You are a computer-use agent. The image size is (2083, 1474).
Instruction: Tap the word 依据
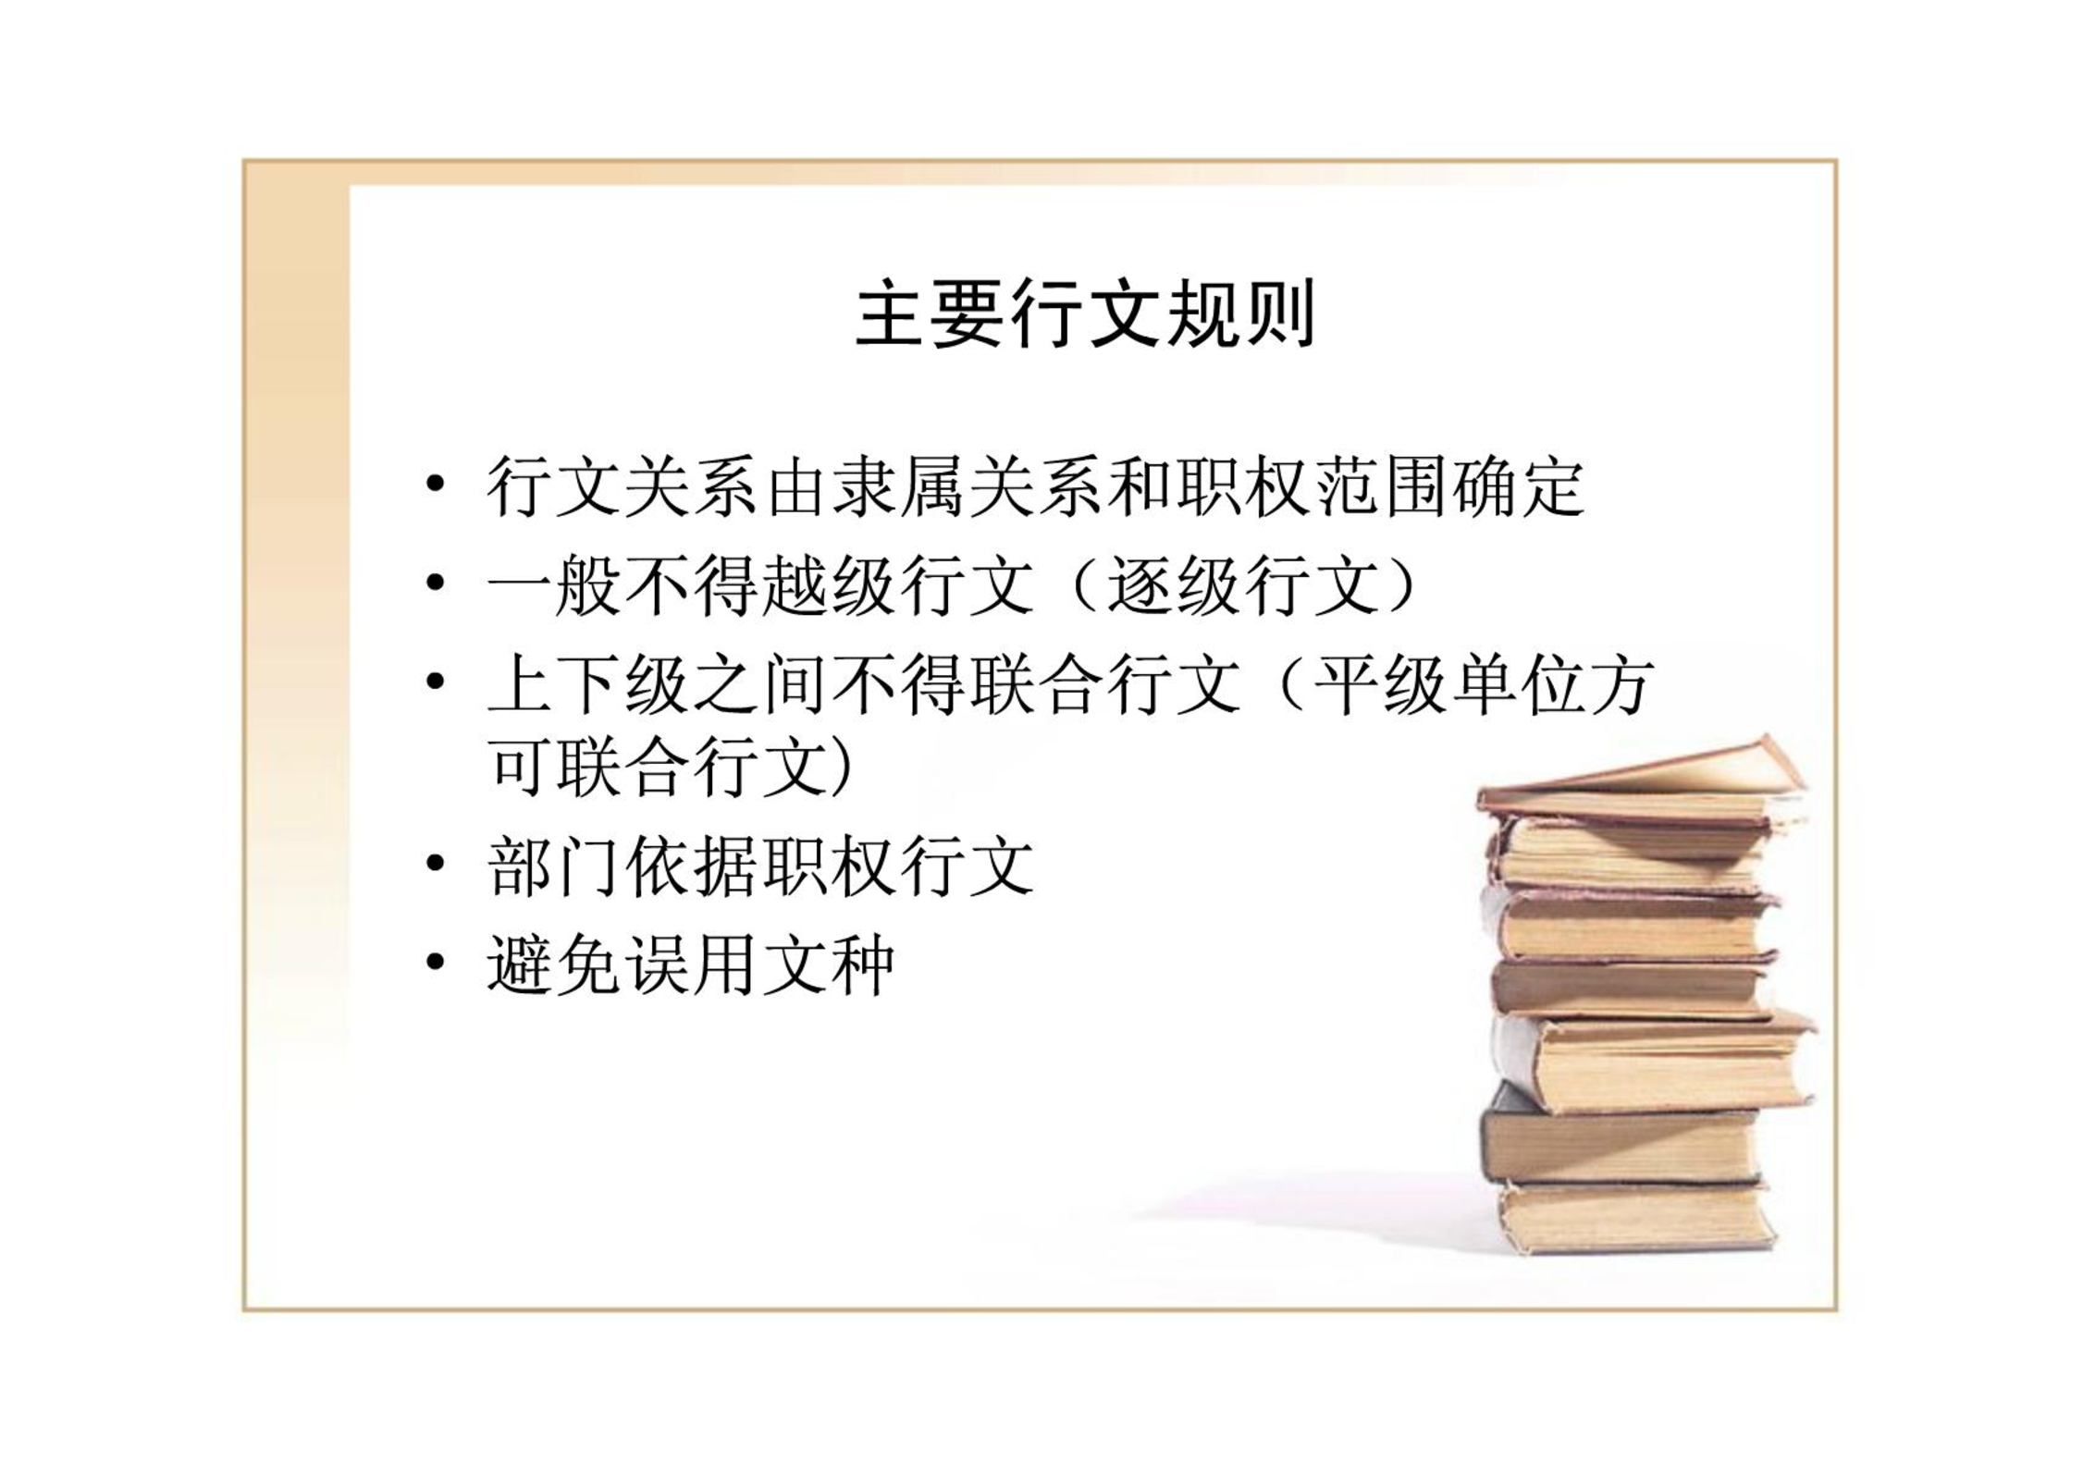pyautogui.click(x=692, y=866)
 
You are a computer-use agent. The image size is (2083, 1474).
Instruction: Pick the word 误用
pyautogui.click(x=692, y=965)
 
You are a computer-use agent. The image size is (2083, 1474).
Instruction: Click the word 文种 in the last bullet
pyautogui.click(x=830, y=965)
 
